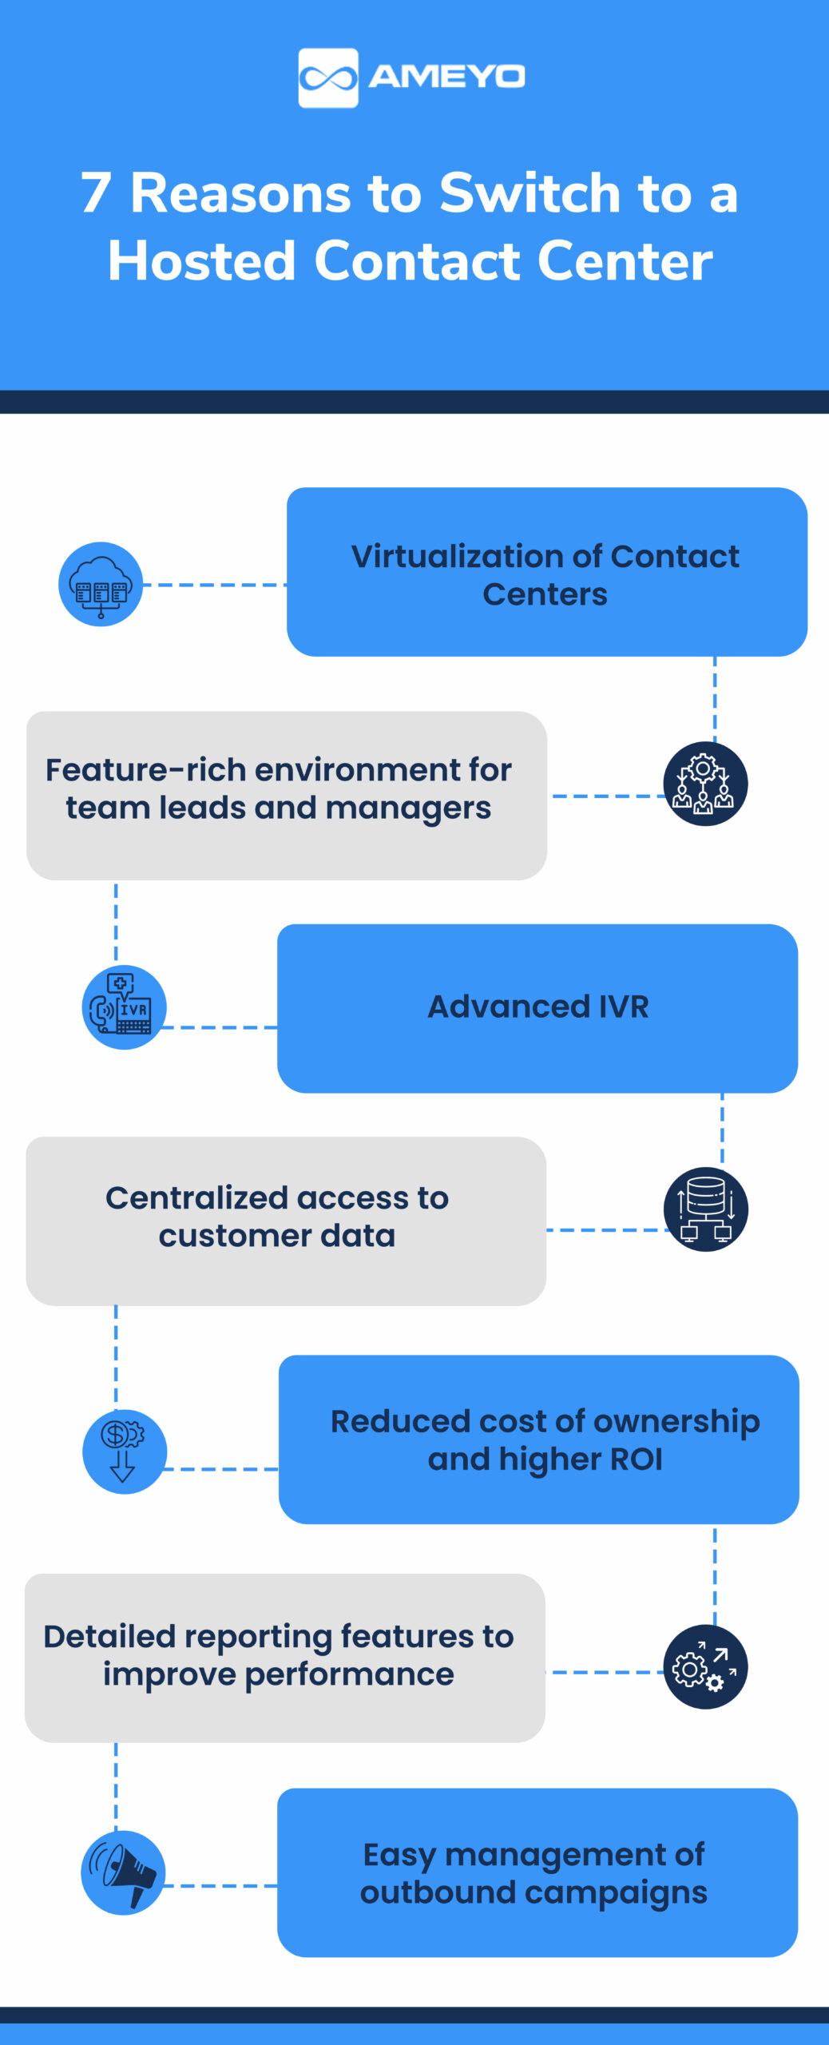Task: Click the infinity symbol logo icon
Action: tap(327, 78)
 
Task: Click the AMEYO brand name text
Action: tap(446, 77)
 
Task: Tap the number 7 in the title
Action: tap(96, 193)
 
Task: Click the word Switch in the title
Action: tap(530, 193)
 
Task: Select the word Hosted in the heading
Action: tap(202, 261)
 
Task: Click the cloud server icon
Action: tap(101, 585)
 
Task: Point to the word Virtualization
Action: tap(476, 557)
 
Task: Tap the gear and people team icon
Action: tap(705, 784)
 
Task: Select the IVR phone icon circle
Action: tap(124, 1007)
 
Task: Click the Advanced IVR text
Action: tap(537, 1007)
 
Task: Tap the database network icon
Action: tap(705, 1209)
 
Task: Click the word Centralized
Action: tap(196, 1198)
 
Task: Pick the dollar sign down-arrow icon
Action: tap(124, 1451)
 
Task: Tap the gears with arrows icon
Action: tap(705, 1667)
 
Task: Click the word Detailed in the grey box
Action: tap(109, 1637)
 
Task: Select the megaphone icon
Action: tap(123, 1873)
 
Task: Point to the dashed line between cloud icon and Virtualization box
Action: tap(214, 585)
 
